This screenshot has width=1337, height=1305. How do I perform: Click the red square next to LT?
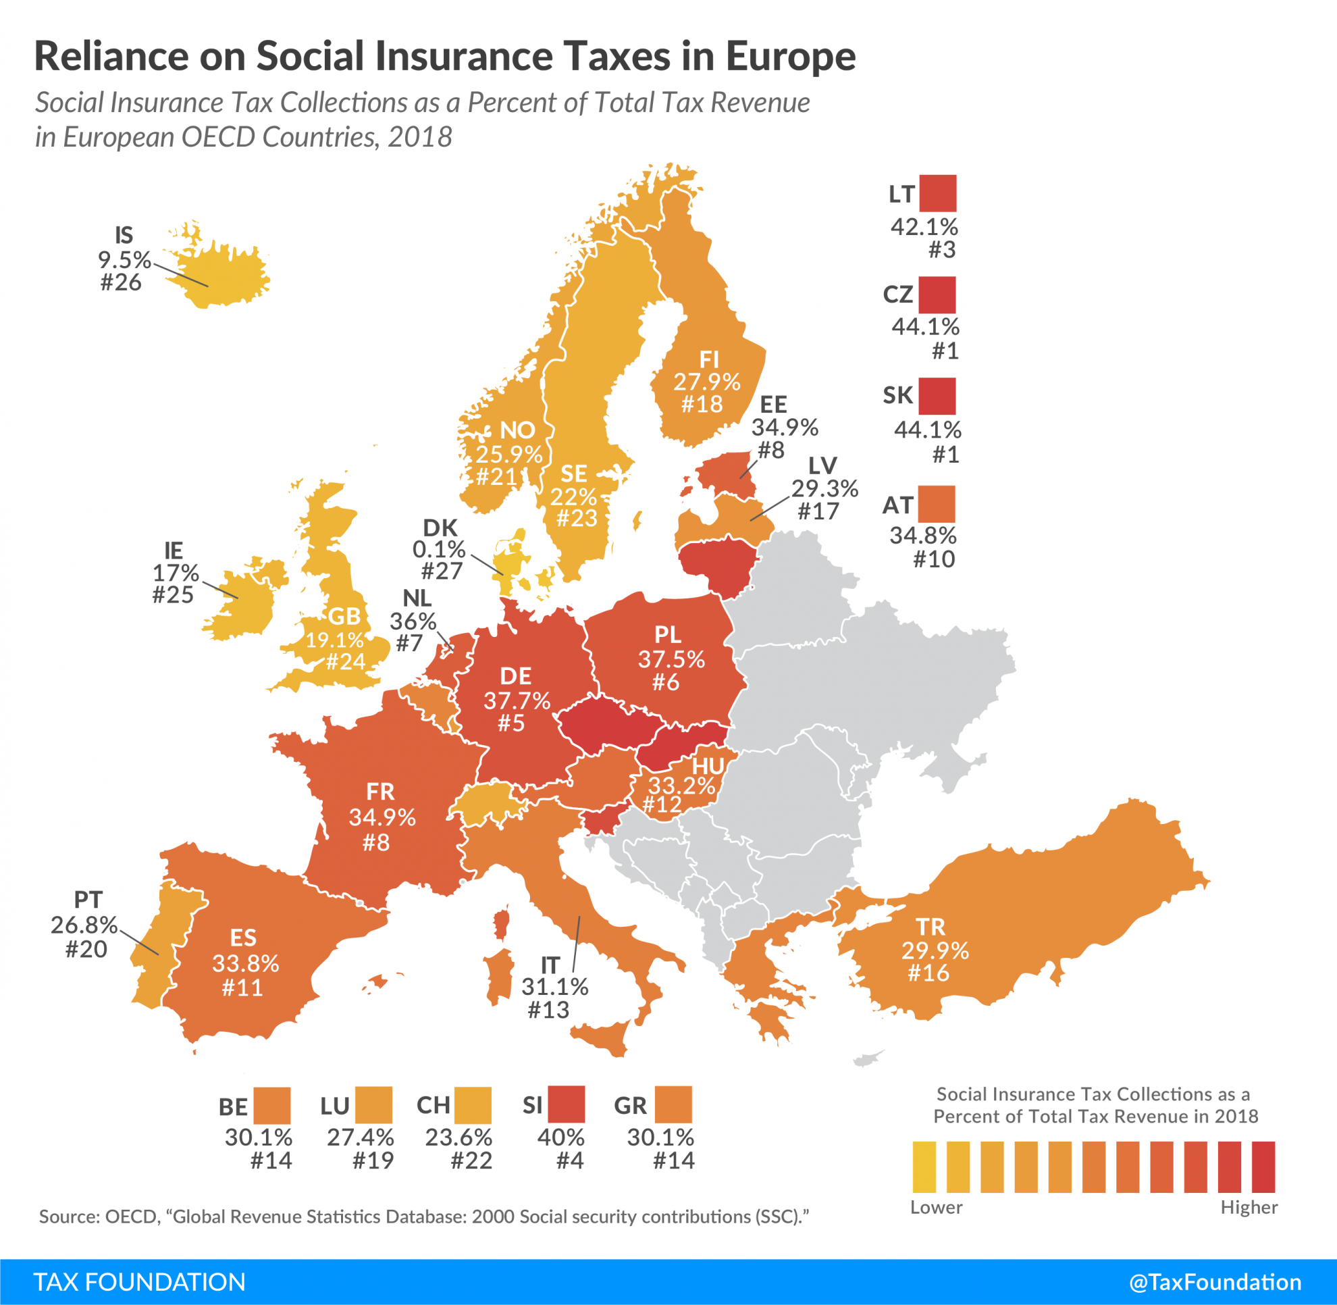click(937, 193)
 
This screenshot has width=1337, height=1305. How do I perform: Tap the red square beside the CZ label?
click(937, 295)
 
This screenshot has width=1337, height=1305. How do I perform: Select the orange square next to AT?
click(937, 505)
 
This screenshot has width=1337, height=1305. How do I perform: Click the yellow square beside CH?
click(473, 1105)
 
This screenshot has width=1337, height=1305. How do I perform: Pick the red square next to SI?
click(567, 1104)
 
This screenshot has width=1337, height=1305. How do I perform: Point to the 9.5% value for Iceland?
click(124, 260)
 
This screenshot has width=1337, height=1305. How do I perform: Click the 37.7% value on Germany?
click(517, 700)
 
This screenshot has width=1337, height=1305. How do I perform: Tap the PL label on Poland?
click(667, 635)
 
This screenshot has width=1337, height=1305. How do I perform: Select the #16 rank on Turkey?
click(928, 973)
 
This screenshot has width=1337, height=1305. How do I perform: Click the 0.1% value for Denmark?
click(439, 549)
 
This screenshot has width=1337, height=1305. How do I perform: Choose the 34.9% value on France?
click(382, 817)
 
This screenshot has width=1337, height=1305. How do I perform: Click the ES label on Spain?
click(243, 938)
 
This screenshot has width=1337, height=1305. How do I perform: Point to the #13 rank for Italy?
click(548, 1009)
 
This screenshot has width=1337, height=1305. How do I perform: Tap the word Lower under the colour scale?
click(936, 1207)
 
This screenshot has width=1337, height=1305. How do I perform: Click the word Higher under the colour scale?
click(1249, 1207)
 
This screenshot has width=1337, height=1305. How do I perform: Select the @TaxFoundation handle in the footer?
click(1214, 1282)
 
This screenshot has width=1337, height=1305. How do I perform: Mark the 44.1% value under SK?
click(927, 430)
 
